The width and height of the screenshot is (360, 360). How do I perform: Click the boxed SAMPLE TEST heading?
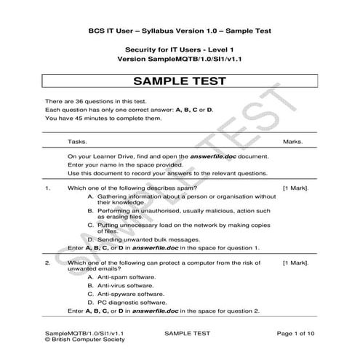click(180, 81)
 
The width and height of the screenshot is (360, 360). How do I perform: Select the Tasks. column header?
click(77, 142)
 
